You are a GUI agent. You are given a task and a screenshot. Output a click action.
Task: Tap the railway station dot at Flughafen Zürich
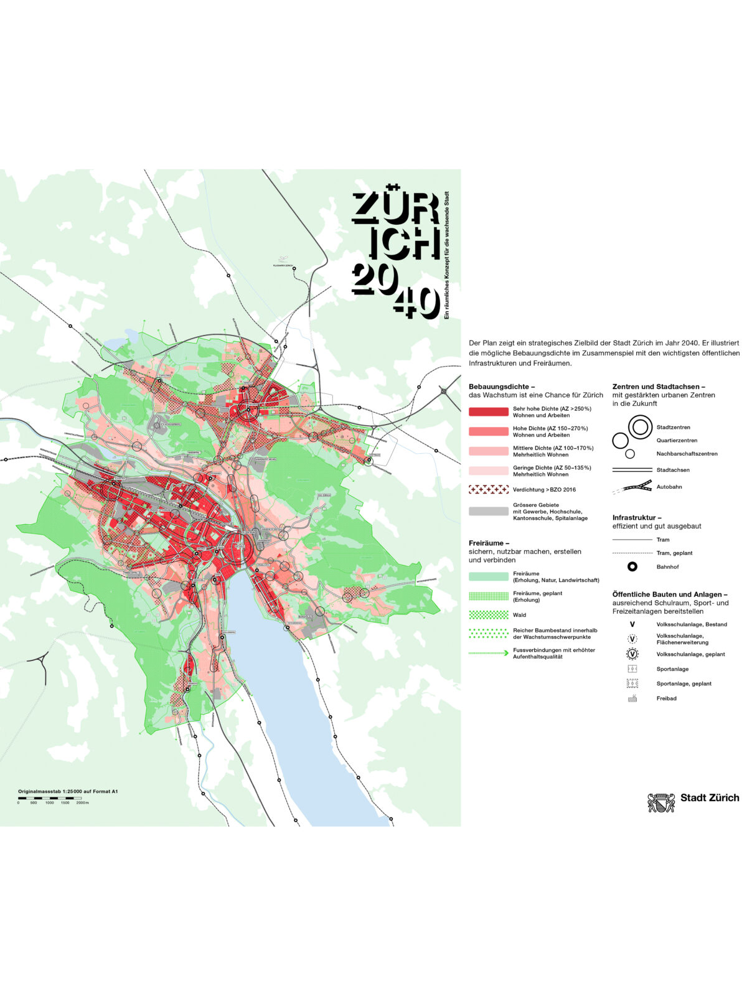pos(294,269)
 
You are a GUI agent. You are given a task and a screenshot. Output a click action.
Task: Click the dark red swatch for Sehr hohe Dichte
pos(488,411)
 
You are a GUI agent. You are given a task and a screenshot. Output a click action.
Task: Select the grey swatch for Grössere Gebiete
pos(488,511)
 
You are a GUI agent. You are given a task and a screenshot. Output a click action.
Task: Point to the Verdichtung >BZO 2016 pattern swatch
pos(488,489)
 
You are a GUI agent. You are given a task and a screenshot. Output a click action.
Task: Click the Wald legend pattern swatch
pos(488,614)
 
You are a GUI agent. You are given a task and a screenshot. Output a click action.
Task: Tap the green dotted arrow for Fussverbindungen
pos(488,653)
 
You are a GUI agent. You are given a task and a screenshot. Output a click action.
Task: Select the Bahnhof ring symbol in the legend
pos(632,566)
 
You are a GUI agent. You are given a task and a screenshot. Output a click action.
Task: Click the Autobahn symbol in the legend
pos(632,487)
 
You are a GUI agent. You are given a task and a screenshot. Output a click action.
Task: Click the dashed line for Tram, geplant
pos(632,553)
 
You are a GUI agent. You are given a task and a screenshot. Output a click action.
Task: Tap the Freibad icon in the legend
pos(632,698)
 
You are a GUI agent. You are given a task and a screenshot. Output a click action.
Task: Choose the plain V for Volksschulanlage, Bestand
pos(632,624)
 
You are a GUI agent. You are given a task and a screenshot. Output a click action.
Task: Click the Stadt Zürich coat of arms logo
pos(661,802)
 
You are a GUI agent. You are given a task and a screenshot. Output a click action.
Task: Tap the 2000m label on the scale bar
pos(83,802)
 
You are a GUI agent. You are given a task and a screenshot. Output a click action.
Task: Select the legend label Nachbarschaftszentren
pos(687,454)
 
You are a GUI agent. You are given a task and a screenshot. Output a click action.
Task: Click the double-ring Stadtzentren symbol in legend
pos(639,427)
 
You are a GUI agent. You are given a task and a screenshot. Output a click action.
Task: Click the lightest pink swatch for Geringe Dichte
pos(488,471)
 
